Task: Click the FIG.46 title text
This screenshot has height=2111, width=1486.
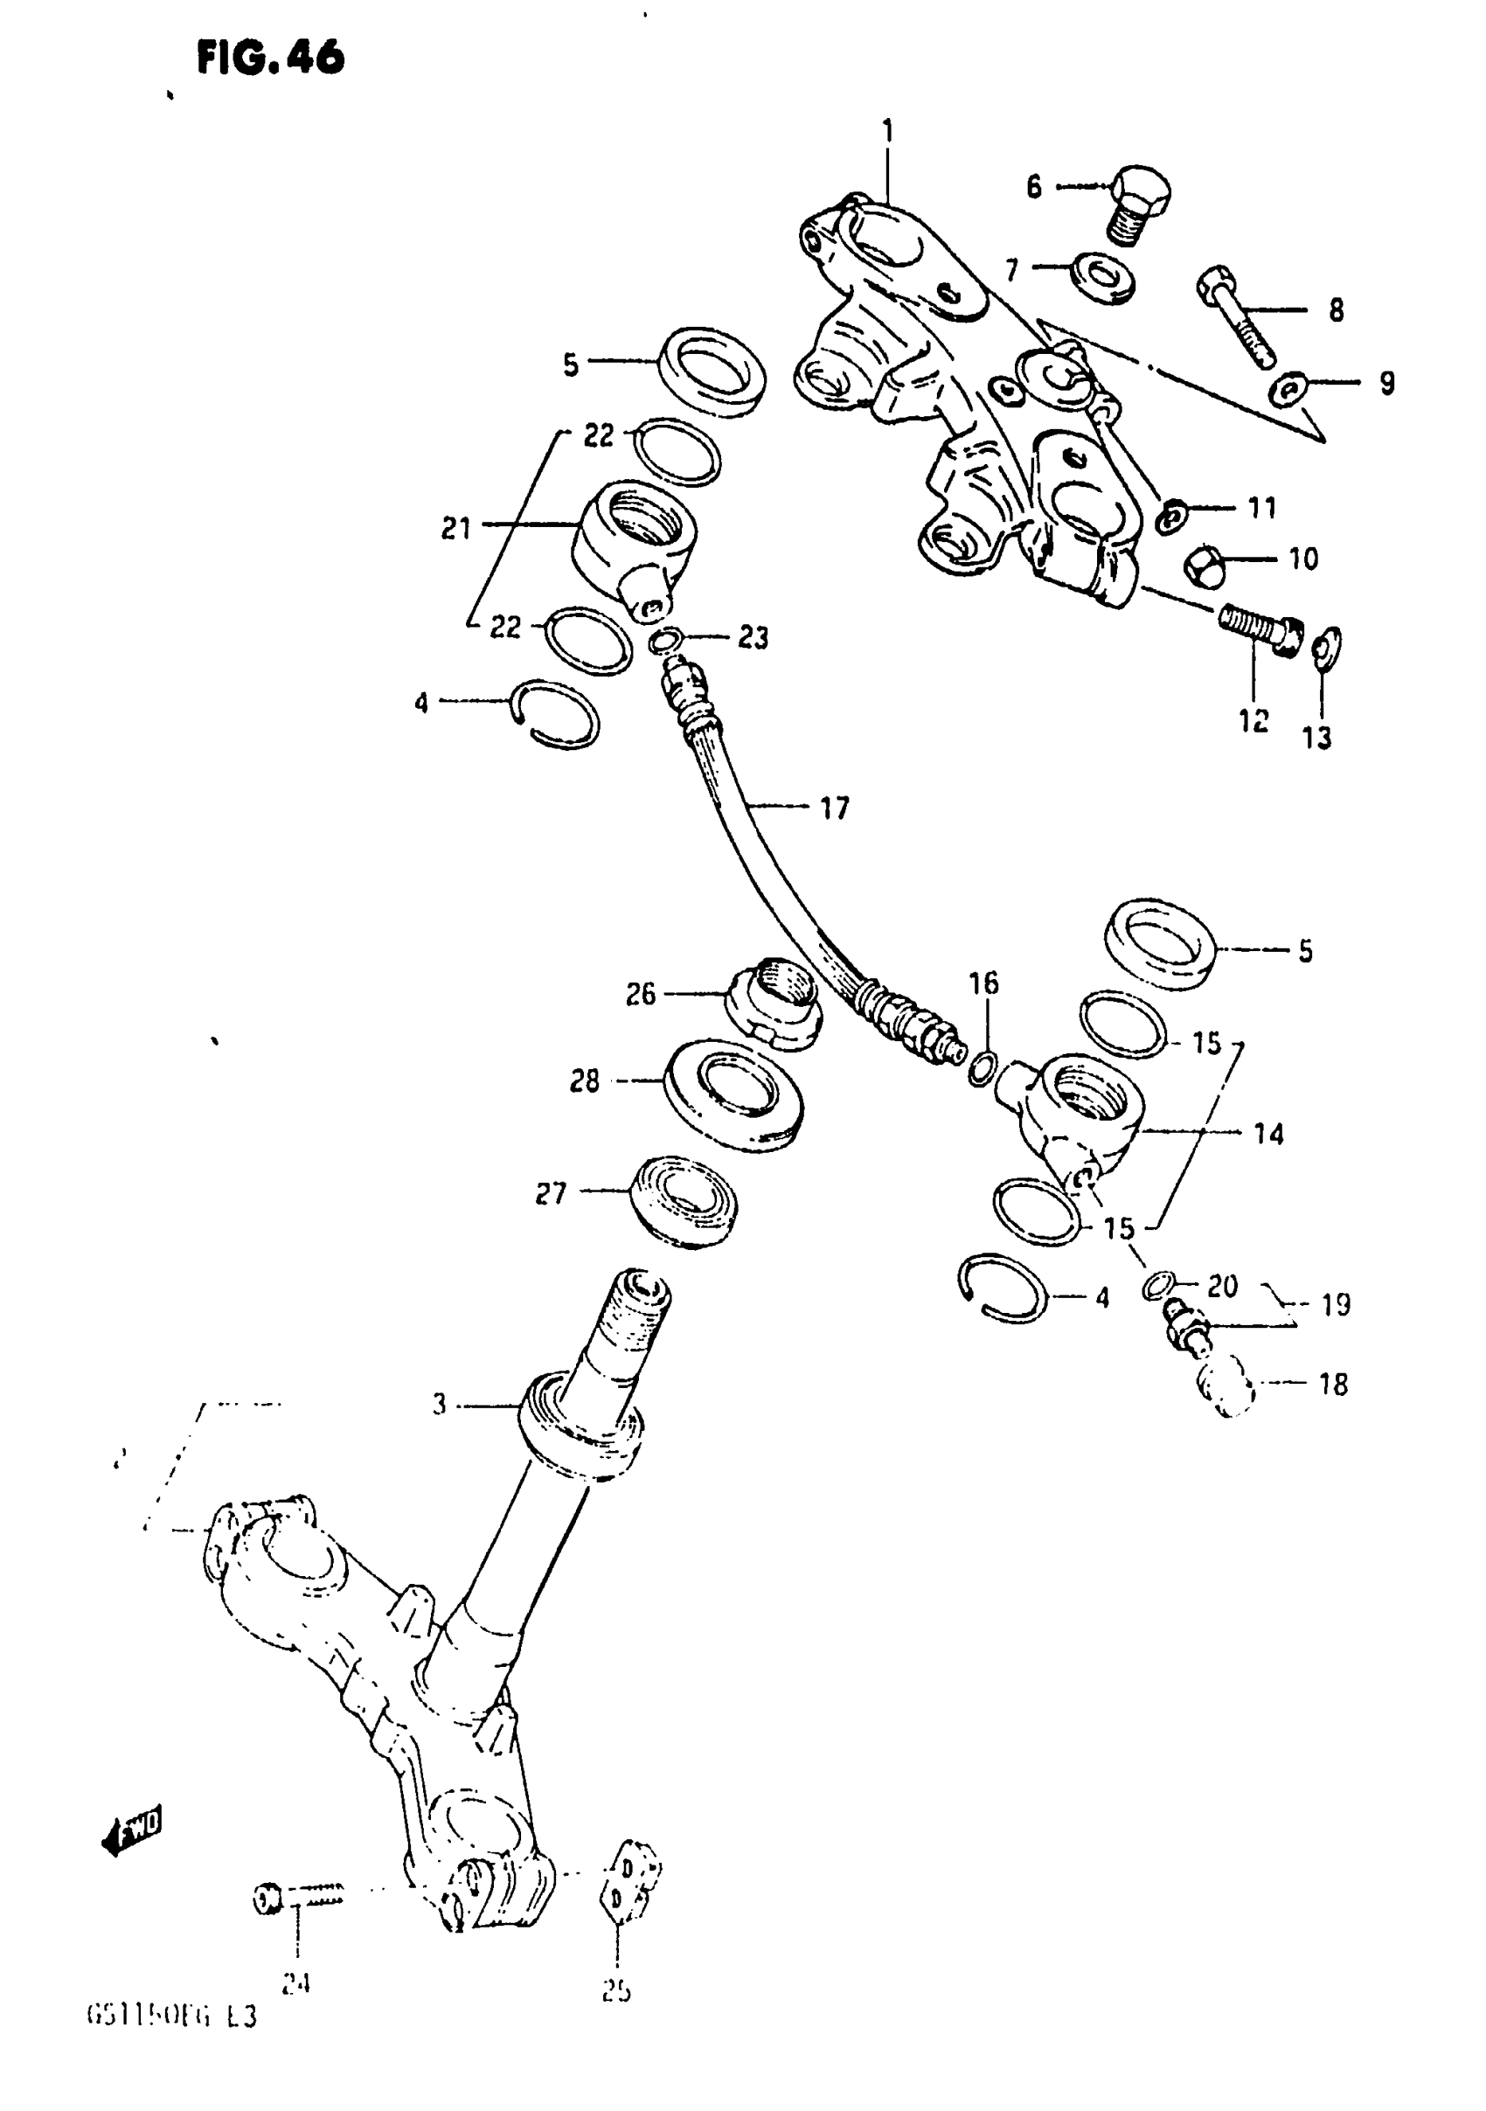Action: coord(270,59)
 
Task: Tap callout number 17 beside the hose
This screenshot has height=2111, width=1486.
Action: coord(834,809)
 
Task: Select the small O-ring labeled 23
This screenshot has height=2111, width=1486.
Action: coord(666,640)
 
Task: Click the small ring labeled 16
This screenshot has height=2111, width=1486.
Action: coord(983,1067)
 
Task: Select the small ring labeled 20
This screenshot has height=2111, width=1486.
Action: coord(1158,1287)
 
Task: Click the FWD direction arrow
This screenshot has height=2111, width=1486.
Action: coord(130,1831)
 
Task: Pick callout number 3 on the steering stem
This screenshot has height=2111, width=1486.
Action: coord(440,1405)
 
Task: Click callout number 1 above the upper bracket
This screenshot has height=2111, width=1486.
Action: coord(887,132)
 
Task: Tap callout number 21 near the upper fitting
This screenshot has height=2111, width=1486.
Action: coord(456,529)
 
